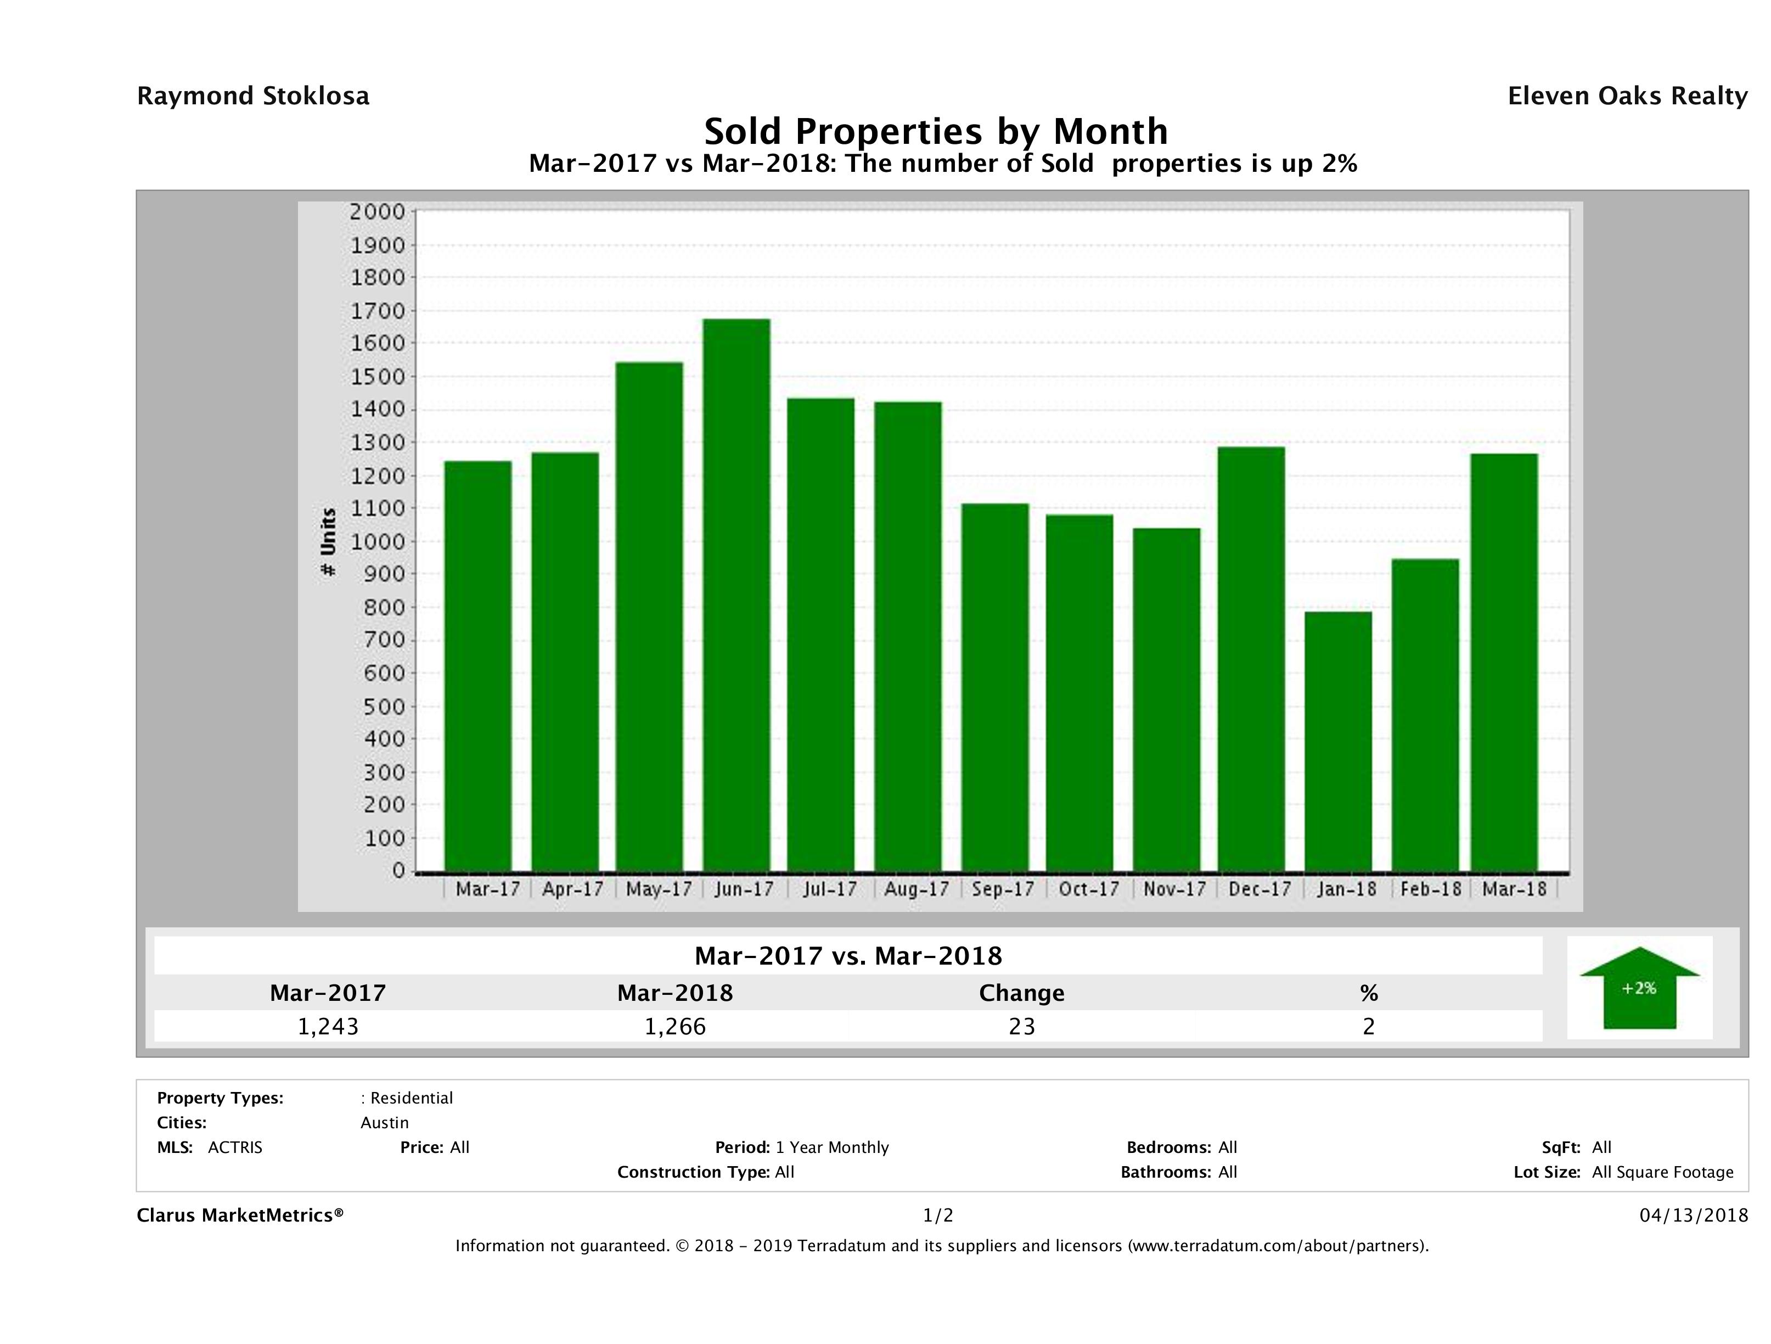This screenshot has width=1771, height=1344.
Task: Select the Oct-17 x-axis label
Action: click(x=1088, y=889)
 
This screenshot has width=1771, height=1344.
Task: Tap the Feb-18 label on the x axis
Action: click(x=1431, y=889)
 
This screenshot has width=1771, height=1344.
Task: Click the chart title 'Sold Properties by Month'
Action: click(x=935, y=131)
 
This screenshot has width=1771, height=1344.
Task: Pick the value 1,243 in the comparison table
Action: click(x=328, y=1026)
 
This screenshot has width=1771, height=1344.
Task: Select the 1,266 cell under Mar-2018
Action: click(x=675, y=1026)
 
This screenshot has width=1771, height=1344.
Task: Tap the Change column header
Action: click(x=1022, y=993)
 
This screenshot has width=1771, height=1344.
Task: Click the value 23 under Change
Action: click(x=1022, y=1026)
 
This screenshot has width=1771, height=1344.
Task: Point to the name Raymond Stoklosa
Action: click(x=253, y=96)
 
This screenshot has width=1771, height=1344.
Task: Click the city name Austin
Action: click(x=384, y=1123)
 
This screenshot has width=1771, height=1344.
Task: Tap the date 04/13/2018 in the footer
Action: click(x=1693, y=1215)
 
